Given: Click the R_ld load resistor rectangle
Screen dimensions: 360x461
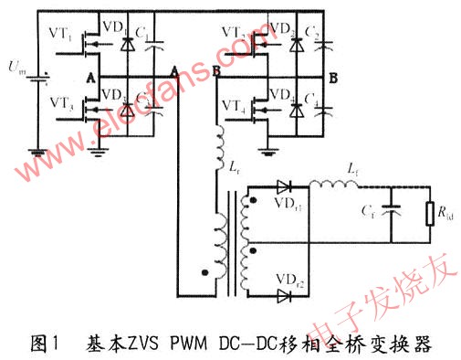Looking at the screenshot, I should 430,216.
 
